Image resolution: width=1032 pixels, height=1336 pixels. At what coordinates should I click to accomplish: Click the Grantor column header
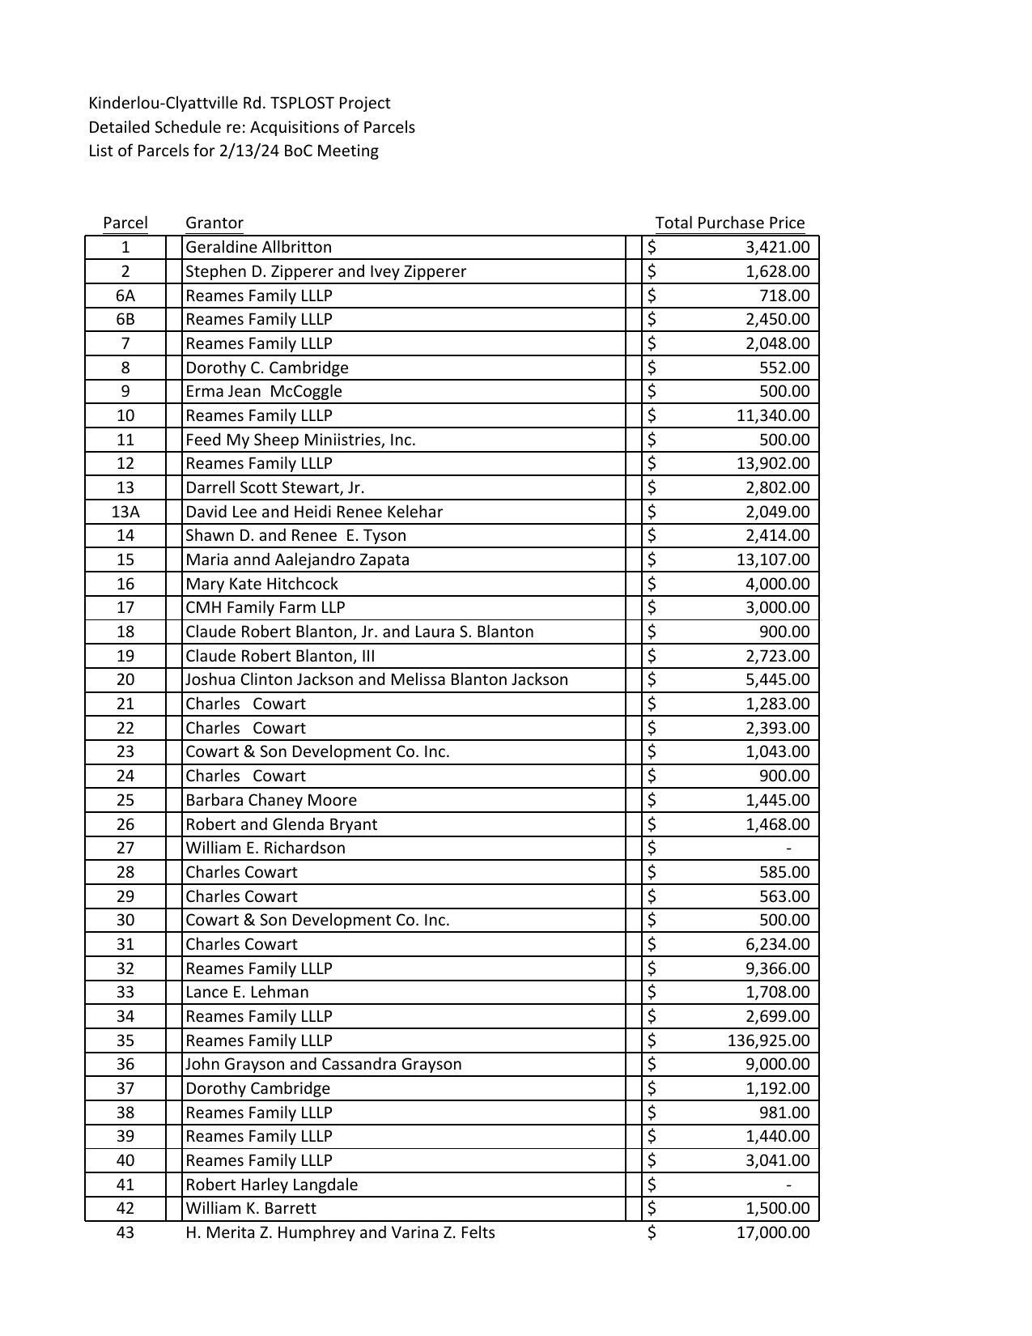(214, 223)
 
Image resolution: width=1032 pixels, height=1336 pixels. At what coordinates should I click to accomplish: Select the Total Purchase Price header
(729, 223)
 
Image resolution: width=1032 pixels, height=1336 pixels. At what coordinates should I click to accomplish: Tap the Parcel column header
(125, 223)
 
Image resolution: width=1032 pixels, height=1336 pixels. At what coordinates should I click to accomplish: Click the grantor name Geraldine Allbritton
(258, 247)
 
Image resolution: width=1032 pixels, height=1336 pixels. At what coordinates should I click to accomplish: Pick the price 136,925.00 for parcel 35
(768, 1040)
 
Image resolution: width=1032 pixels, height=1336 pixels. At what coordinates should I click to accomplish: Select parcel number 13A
(125, 512)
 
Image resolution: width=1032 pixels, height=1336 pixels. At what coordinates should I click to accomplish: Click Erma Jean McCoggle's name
(263, 391)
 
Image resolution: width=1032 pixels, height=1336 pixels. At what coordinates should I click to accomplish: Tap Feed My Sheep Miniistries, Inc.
(299, 440)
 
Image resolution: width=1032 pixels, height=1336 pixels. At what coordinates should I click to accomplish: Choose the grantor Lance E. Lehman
(247, 992)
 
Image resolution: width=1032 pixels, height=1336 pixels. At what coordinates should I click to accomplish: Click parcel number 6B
(125, 319)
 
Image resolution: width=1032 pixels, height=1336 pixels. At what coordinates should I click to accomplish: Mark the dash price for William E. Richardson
(788, 848)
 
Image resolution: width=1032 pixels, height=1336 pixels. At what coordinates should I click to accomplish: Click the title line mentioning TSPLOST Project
(239, 103)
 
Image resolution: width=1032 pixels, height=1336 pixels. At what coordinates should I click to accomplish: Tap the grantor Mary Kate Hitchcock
(261, 584)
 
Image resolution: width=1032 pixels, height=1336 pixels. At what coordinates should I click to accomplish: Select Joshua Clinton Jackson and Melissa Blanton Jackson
(376, 679)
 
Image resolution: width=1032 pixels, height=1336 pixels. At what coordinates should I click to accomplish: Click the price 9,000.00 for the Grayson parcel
(777, 1064)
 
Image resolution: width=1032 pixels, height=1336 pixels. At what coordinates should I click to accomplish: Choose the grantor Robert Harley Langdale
(271, 1185)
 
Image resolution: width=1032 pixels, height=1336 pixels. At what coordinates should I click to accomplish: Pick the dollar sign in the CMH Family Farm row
(652, 607)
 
